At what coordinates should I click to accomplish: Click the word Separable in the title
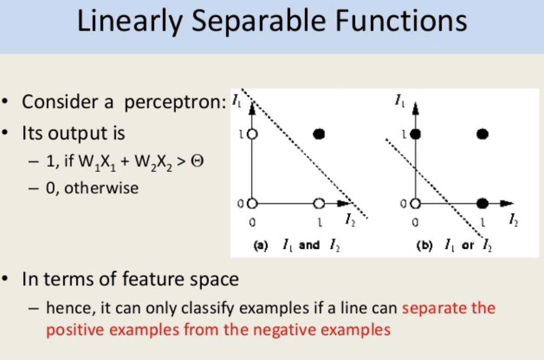[x=258, y=21]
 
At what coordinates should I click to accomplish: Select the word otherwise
[x=101, y=188]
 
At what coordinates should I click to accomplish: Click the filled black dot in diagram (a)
[x=319, y=134]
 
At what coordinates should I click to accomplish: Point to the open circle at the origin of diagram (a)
[x=252, y=203]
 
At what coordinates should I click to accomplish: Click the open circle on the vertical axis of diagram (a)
[x=252, y=134]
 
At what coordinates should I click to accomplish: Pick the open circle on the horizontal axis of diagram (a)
[x=319, y=203]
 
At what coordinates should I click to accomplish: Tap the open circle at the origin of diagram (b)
[x=415, y=203]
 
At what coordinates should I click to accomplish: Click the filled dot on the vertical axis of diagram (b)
[x=415, y=134]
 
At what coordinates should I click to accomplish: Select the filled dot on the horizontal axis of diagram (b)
[x=482, y=203]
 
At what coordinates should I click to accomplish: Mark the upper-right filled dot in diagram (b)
[x=482, y=134]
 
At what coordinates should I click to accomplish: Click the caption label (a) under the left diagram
[x=261, y=246]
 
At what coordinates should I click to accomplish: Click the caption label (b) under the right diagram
[x=424, y=246]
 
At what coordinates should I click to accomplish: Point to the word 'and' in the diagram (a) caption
[x=309, y=245]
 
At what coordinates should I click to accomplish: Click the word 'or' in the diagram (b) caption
[x=468, y=246]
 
